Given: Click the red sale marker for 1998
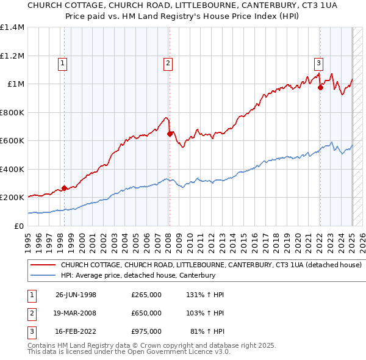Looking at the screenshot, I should click(64, 189).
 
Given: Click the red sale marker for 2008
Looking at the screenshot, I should click(170, 134).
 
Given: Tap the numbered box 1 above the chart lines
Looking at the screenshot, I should click(63, 62).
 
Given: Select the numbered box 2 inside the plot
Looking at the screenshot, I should click(168, 62).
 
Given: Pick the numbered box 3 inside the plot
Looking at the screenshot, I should click(318, 62).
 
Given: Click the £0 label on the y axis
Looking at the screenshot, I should click(19, 226).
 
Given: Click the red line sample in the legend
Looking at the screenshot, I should click(42, 265).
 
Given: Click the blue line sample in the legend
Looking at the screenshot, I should click(42, 276).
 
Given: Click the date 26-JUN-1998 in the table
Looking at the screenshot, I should click(76, 295).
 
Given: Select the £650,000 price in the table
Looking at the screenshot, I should click(146, 313).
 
